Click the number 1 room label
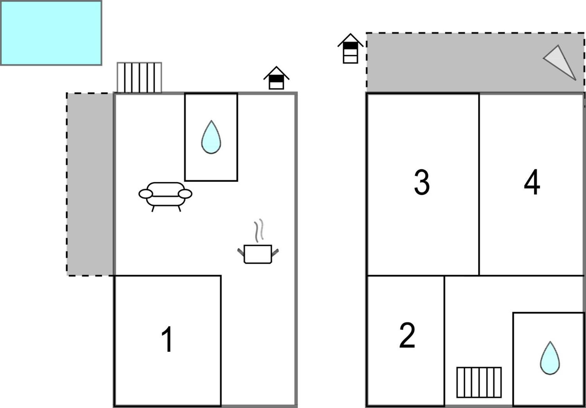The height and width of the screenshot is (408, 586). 168,339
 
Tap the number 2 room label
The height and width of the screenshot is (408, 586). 407,335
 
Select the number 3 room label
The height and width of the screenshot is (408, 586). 422,182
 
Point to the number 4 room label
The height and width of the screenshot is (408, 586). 532,182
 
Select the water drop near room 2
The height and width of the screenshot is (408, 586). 550,358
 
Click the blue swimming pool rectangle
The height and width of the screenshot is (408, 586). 51,33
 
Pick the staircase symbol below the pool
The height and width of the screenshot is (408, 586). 139,78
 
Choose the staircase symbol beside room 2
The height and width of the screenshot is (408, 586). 479,382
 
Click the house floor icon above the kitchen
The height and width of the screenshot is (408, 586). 276,78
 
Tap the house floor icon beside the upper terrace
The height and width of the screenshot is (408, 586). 350,48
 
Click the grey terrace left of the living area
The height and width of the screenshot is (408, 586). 90,184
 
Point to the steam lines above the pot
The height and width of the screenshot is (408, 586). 259,231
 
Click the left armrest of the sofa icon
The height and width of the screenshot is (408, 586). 146,194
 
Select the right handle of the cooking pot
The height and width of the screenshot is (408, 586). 275,252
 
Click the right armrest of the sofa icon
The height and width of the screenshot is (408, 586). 185,194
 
